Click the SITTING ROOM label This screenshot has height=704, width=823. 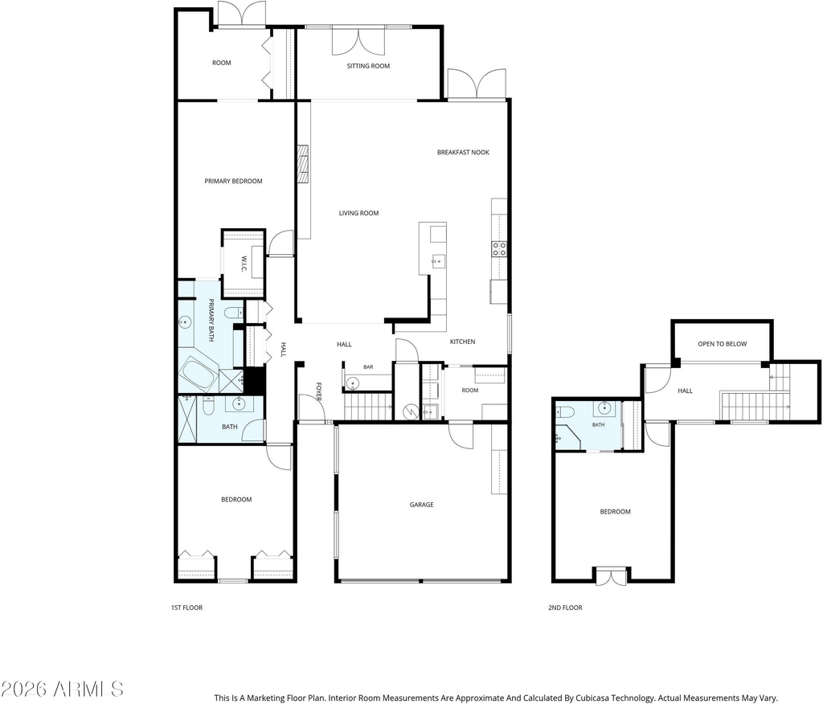click(368, 66)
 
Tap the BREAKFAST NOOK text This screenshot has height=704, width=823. click(463, 152)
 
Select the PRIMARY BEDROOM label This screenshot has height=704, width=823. click(233, 181)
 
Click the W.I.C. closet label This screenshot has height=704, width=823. click(244, 264)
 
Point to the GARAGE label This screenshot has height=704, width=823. click(421, 505)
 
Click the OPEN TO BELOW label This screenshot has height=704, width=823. click(723, 344)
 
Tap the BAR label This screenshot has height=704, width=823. click(368, 367)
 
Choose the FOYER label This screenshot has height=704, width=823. click(318, 391)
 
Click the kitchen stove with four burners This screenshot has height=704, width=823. click(499, 249)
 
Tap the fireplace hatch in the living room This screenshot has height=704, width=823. click(303, 164)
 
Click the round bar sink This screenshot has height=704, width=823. click(352, 384)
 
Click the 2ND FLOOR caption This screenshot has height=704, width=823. click(565, 608)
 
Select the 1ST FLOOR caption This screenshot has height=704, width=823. click(186, 608)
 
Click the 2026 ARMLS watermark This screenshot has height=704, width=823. click(62, 689)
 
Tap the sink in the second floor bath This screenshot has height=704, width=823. click(604, 408)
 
